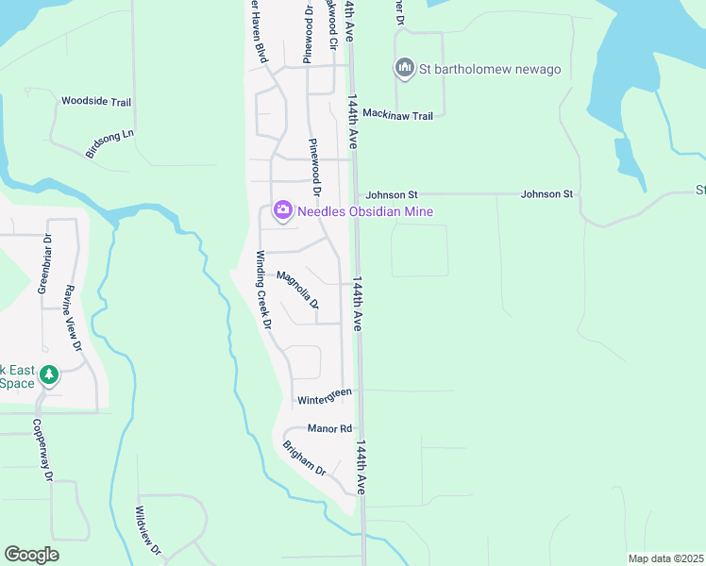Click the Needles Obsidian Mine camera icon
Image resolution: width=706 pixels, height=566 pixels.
[282, 211]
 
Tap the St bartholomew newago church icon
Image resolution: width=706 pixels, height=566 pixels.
[405, 68]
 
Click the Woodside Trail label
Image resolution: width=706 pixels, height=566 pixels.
[95, 101]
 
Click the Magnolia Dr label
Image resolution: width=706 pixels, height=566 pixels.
[297, 290]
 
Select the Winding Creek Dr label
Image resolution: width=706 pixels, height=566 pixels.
[264, 289]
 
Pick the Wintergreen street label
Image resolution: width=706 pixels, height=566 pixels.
[325, 397]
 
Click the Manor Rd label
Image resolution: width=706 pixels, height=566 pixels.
[328, 428]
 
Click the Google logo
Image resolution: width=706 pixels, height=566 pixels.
[31, 555]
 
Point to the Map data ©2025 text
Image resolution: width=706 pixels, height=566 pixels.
[665, 558]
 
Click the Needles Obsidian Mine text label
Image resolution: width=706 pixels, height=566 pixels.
[365, 211]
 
